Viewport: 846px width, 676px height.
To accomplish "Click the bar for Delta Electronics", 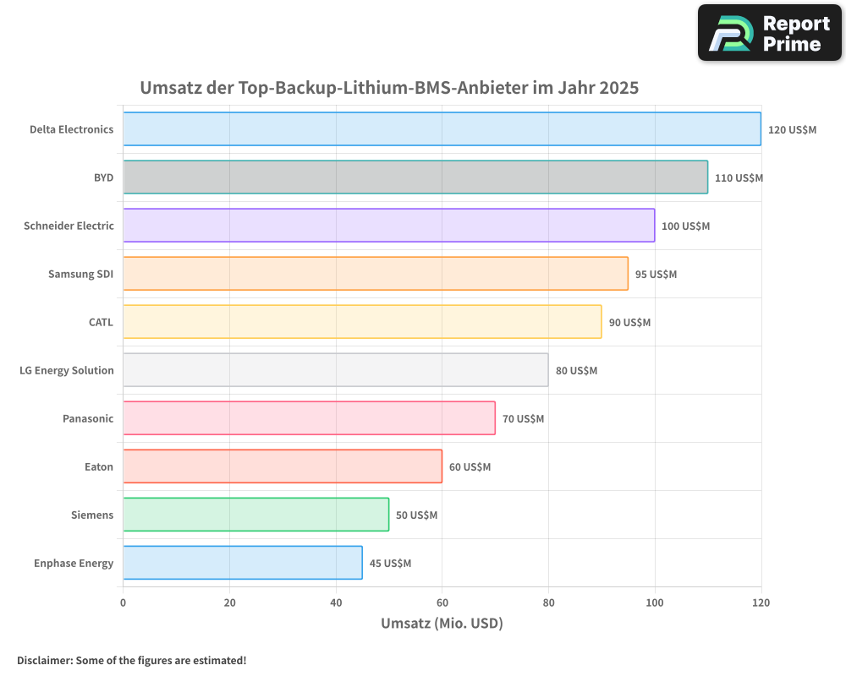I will [442, 129].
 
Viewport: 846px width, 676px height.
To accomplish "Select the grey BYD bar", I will [415, 177].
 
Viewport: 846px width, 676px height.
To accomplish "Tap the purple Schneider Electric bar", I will [389, 226].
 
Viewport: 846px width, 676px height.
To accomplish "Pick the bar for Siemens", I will [256, 515].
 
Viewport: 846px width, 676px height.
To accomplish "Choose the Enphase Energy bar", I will [243, 563].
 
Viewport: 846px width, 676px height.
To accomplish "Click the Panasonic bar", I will [309, 418].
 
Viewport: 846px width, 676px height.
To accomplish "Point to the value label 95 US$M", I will [656, 275].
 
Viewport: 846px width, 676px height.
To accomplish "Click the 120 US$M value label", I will [792, 130].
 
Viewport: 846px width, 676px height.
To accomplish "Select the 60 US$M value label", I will [470, 467].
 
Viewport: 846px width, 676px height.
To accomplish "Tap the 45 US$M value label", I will [390, 564].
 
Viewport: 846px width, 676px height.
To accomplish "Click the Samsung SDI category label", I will [80, 274].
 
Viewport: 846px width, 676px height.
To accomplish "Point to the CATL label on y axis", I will [101, 322].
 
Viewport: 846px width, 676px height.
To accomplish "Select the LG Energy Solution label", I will [66, 370].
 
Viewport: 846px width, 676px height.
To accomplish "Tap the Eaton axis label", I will [98, 466].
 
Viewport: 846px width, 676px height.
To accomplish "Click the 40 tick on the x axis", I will [336, 602].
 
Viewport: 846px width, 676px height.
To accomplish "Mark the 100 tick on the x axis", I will [655, 602].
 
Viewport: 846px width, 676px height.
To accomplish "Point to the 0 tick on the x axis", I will [124, 602].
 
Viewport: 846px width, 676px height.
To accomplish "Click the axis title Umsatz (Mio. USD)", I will [442, 624].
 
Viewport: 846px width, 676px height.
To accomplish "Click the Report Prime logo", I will [769, 33].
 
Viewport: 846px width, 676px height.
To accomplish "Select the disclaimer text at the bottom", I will [131, 660].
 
